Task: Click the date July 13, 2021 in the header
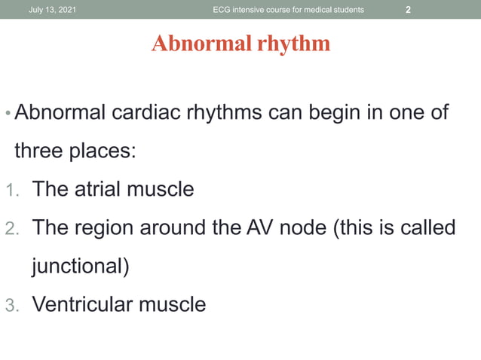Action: pyautogui.click(x=52, y=10)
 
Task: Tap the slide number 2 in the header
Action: pyautogui.click(x=408, y=10)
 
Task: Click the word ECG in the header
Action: pyautogui.click(x=223, y=10)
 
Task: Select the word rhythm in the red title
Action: pyautogui.click(x=294, y=44)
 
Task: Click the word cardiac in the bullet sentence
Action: pyautogui.click(x=149, y=114)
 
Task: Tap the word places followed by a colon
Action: pyautogui.click(x=103, y=151)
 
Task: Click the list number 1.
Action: pyautogui.click(x=10, y=190)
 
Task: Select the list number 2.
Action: pyautogui.click(x=11, y=228)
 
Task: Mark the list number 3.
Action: pyautogui.click(x=11, y=305)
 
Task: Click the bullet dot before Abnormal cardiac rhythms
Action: pyautogui.click(x=8, y=115)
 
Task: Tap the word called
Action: pyautogui.click(x=427, y=227)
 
